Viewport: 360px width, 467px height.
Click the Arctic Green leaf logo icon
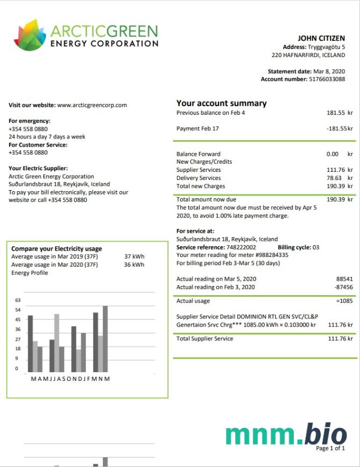[x=30, y=35]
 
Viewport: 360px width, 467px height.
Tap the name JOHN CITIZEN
[x=321, y=38]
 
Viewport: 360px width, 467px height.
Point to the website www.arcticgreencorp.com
[x=92, y=105]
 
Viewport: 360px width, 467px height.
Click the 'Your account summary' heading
[x=221, y=103]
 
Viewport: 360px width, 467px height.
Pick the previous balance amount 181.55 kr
[x=340, y=113]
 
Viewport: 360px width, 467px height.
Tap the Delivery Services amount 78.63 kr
[x=340, y=178]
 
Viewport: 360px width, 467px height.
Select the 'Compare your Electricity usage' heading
[x=57, y=249]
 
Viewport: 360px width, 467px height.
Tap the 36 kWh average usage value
[x=134, y=264]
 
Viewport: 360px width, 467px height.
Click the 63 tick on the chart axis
[x=17, y=300]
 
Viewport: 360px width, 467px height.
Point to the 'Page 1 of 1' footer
[x=330, y=448]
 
